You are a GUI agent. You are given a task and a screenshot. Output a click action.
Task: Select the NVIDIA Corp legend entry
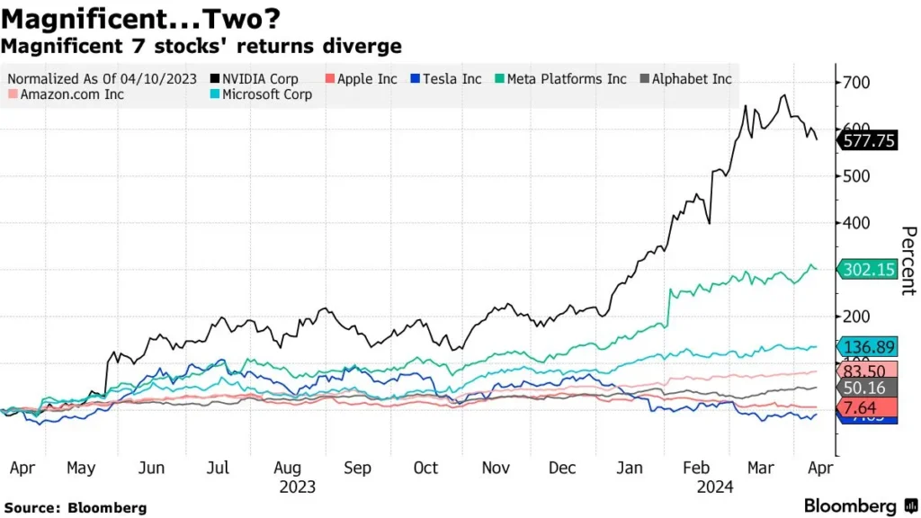255,79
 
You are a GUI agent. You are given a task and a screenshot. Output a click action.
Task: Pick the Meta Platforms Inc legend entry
559,79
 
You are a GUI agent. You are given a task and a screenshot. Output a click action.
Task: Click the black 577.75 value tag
868,140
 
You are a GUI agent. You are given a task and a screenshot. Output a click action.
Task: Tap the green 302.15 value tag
868,269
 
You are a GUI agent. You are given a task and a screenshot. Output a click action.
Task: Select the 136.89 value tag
868,346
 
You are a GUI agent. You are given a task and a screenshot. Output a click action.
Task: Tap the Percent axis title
908,261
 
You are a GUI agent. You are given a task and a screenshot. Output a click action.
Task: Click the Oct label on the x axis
425,469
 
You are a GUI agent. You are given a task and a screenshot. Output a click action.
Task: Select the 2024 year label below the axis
715,487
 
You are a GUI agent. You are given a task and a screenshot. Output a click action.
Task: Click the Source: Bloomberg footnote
76,508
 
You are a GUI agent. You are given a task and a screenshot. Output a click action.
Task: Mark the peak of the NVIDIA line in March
785,95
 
